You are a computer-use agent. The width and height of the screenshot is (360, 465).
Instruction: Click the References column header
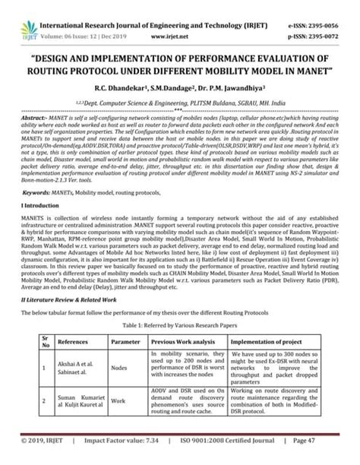tap(63, 343)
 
